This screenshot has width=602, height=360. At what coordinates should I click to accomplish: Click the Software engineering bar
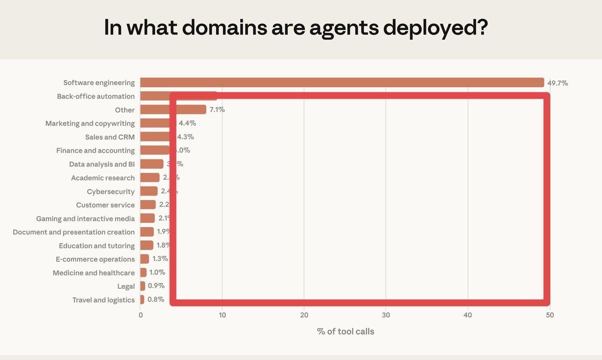click(342, 83)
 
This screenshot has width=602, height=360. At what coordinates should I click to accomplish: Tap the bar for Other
click(173, 110)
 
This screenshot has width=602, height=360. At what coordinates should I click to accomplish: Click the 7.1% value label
click(217, 110)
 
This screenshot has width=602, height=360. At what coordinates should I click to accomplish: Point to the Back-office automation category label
click(96, 96)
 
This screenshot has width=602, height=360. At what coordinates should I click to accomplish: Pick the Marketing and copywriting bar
click(155, 123)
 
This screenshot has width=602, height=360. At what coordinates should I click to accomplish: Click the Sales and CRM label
click(110, 137)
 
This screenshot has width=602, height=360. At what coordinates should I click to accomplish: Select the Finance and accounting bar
click(155, 150)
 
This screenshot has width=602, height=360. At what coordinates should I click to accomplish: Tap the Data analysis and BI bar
click(152, 164)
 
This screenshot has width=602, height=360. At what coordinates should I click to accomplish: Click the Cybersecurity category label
click(111, 192)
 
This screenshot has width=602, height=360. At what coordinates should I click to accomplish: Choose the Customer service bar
click(148, 205)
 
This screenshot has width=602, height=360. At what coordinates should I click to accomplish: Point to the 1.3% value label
click(160, 259)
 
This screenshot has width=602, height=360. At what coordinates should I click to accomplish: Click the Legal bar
click(143, 286)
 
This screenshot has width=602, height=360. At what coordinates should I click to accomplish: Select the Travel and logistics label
click(103, 300)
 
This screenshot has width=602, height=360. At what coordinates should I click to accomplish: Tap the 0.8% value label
click(156, 300)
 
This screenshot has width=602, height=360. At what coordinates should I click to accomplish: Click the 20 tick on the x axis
click(304, 315)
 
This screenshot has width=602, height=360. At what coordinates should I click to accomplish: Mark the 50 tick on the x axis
click(550, 315)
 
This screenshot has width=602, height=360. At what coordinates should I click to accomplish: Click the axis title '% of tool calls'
click(345, 331)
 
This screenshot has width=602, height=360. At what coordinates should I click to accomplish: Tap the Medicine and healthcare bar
click(143, 273)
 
